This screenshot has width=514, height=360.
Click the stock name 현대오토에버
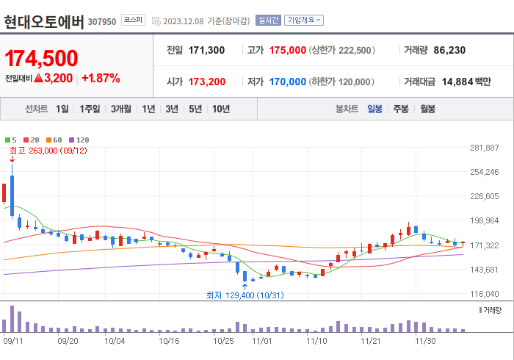(43, 21)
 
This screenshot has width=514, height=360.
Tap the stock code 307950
(102, 21)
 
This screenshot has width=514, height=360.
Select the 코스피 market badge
(134, 20)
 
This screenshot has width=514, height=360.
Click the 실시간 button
(267, 21)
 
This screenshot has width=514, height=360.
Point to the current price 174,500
(42, 58)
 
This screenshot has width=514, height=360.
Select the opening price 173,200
(207, 82)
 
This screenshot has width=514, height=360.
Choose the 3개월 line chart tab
(121, 109)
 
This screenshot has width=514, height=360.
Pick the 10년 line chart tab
(220, 109)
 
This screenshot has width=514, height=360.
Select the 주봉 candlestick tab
(400, 109)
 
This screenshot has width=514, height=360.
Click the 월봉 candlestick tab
(427, 109)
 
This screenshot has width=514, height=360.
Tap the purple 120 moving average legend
(80, 140)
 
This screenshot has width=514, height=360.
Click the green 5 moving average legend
(12, 140)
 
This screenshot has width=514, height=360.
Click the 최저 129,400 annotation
(241, 295)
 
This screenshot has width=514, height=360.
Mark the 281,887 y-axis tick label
(484, 148)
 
